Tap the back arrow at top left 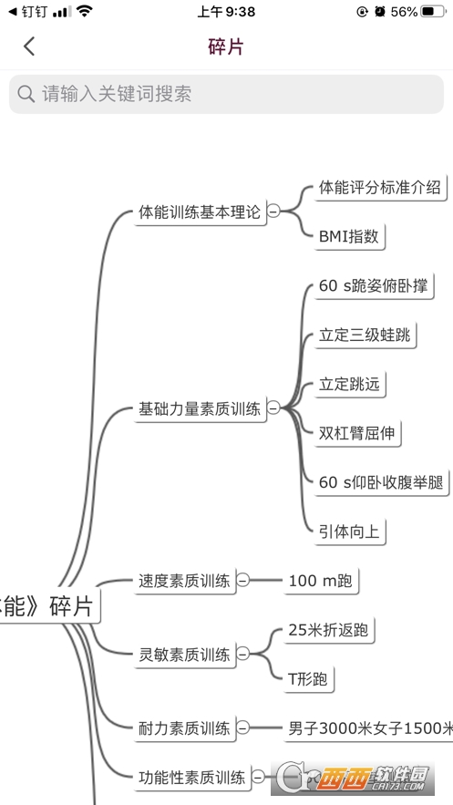pos(29,46)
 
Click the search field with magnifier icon pos(226,94)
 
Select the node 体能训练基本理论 pos(199,212)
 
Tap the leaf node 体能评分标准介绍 pos(379,188)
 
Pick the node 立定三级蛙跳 pos(364,335)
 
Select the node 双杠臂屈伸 pos(355,432)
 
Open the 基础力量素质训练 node pos(199,408)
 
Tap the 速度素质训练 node pos(184,580)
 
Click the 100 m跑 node pos(319,580)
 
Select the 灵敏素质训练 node pos(184,654)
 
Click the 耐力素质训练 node pos(184,728)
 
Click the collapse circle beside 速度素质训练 pos(242,580)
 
